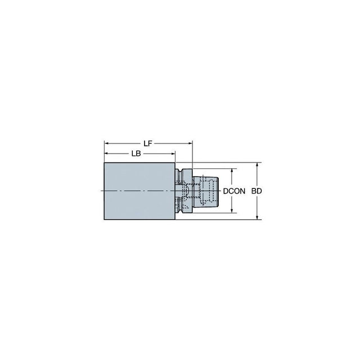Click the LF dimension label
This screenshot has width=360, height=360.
(x=148, y=143)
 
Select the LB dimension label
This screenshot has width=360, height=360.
(x=136, y=154)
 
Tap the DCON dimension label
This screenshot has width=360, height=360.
(x=234, y=191)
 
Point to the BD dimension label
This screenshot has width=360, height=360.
(x=256, y=191)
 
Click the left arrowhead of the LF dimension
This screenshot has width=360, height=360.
(x=106, y=143)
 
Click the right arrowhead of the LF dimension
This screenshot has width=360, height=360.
(x=190, y=143)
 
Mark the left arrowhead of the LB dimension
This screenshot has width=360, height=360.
(x=106, y=154)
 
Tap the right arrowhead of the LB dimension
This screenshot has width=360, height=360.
(x=173, y=154)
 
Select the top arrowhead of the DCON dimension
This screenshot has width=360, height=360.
(x=232, y=171)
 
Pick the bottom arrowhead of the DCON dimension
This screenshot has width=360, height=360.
(x=232, y=210)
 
